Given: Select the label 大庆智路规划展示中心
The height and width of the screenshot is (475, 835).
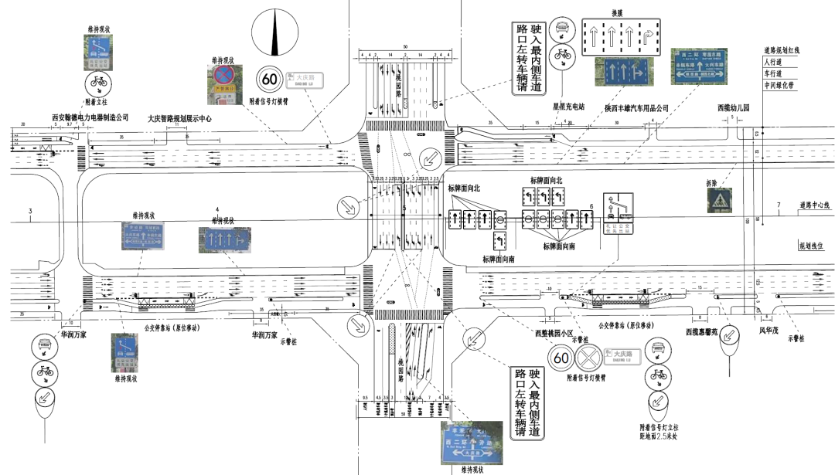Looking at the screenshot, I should (179, 119).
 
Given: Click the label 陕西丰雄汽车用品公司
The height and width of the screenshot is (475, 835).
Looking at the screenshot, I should (636, 107).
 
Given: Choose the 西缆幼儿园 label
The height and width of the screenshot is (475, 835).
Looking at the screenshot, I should (734, 107).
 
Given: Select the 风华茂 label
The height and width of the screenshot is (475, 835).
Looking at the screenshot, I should (768, 334).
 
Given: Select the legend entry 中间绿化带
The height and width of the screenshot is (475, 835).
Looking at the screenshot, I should (779, 85).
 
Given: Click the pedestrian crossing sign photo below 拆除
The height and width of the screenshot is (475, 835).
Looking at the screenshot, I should (720, 202).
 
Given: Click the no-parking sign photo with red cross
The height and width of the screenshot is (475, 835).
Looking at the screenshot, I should (223, 83).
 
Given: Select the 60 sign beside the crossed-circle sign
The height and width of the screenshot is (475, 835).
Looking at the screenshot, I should (561, 358).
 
